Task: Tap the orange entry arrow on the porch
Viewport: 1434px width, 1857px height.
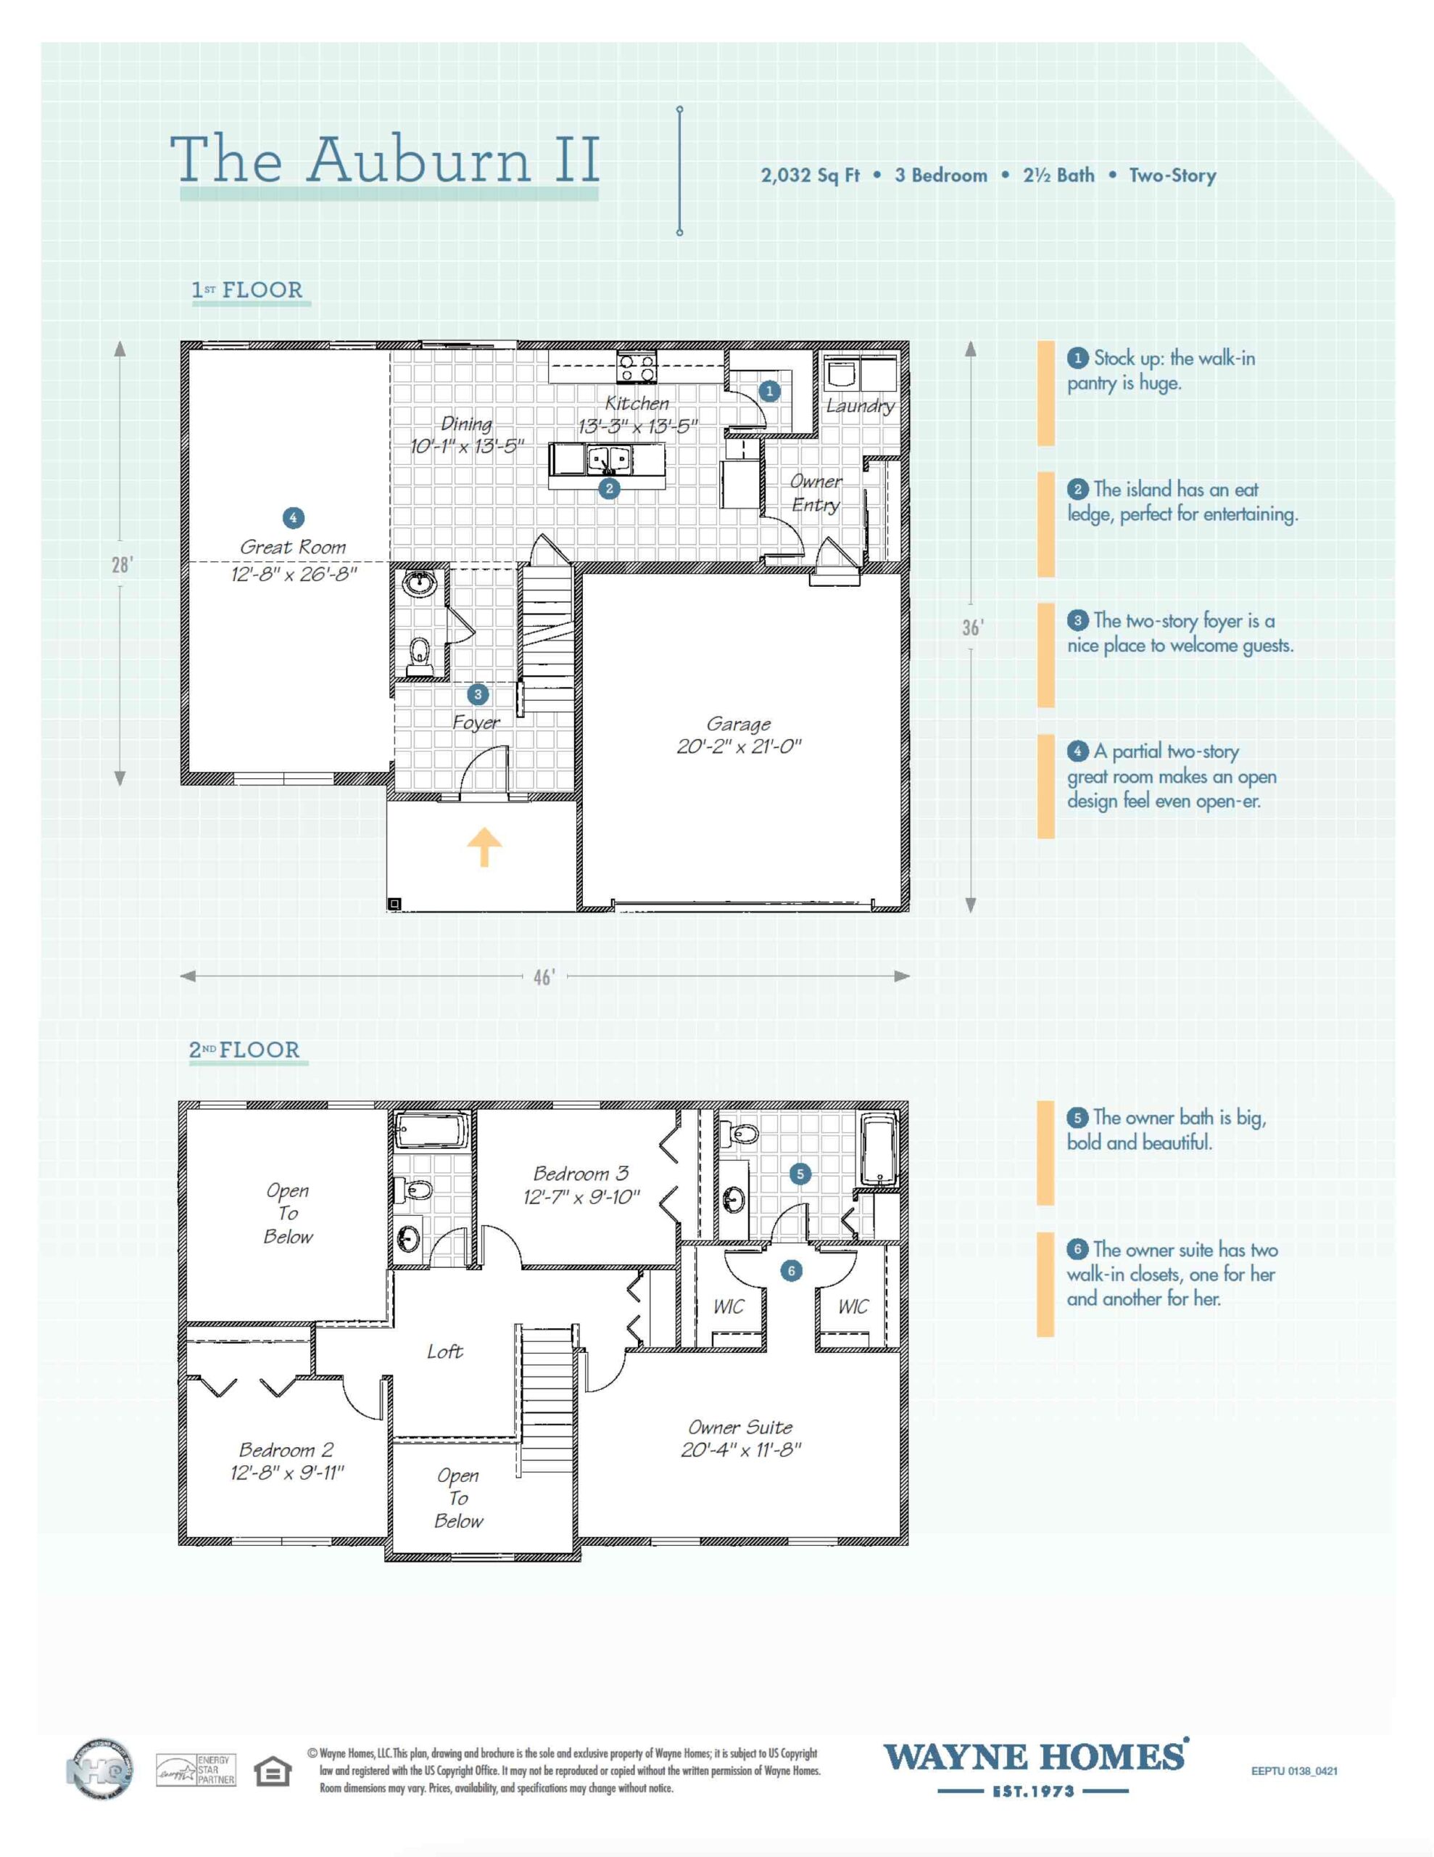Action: (484, 846)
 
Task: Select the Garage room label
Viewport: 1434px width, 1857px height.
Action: (738, 724)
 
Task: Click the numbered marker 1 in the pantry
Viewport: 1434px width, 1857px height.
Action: (769, 391)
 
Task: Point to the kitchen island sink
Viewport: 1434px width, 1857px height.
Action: (610, 460)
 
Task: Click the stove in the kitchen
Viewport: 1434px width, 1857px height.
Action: (637, 368)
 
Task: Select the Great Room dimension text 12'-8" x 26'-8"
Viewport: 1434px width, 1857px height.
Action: (294, 574)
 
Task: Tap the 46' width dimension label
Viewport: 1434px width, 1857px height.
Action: (544, 977)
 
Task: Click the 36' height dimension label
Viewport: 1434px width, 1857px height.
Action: (972, 627)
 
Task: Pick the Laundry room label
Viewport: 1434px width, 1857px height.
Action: (859, 405)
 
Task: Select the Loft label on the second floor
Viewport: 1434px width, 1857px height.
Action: (444, 1351)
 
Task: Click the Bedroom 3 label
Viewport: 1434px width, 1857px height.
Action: (581, 1174)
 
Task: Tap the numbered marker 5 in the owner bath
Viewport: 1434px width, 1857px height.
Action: (799, 1174)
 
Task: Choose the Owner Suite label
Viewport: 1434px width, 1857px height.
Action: (739, 1427)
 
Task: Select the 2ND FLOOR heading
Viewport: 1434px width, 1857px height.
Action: (245, 1050)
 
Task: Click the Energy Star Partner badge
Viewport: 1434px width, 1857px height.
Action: (196, 1770)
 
